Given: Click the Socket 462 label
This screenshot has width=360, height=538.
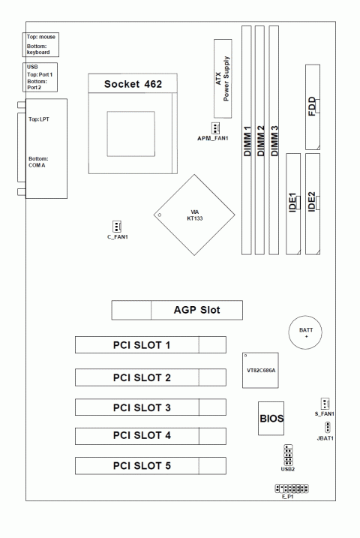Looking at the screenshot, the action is point(133,84).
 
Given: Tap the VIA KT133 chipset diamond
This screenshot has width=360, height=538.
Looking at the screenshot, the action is point(194,215).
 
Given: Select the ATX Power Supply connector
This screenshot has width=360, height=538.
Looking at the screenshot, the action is point(223,79).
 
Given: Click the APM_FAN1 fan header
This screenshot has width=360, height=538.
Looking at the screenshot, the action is point(215,128).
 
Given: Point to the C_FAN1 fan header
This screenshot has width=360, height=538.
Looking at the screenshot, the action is point(117,227).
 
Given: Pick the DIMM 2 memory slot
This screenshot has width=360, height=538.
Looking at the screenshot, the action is point(260,140).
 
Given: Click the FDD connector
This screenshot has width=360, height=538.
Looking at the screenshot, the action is point(313,107).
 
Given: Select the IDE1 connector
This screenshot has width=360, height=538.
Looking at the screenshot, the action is point(293,204).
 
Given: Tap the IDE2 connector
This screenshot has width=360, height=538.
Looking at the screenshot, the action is point(313,204).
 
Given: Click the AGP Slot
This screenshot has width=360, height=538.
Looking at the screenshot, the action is point(177,310).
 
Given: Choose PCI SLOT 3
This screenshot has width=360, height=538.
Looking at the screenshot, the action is point(151,407).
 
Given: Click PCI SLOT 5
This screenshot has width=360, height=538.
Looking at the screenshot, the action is point(151,466).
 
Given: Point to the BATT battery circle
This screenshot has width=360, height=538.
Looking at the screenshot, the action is point(305,332).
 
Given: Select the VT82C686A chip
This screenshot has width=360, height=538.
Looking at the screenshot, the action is point(260,370).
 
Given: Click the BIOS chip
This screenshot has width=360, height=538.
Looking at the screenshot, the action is point(271,418).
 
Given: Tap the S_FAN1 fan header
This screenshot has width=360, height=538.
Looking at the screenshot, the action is point(325,404).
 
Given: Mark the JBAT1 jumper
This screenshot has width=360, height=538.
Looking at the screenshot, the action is point(328,428).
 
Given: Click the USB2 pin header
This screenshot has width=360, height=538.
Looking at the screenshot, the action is point(288,455).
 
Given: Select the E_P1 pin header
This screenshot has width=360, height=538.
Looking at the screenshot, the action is point(292,488).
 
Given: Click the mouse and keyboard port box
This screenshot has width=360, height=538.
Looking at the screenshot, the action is point(40,44).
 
